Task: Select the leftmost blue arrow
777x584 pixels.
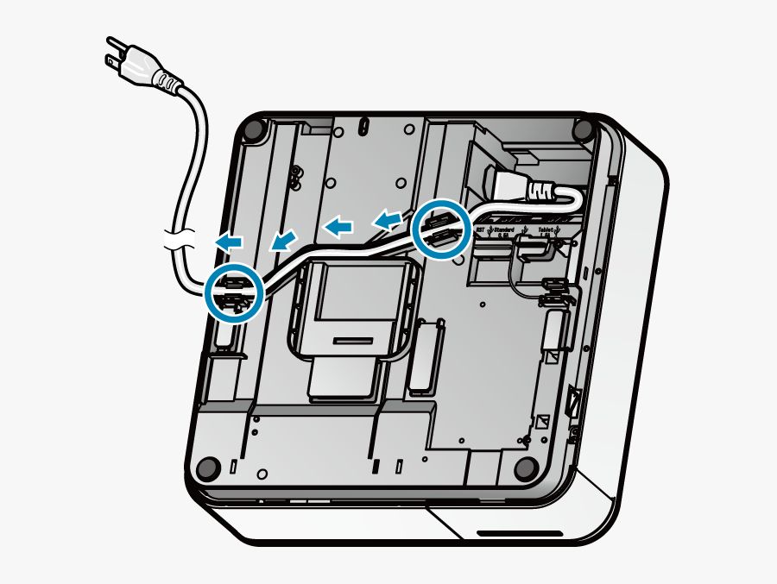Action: pyautogui.click(x=229, y=242)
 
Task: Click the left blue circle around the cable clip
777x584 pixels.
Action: pyautogui.click(x=234, y=292)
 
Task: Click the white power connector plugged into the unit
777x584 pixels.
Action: pyautogui.click(x=518, y=185)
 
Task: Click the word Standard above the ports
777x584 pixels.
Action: pyautogui.click(x=508, y=231)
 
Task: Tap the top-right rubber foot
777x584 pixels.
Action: pyautogui.click(x=584, y=130)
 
